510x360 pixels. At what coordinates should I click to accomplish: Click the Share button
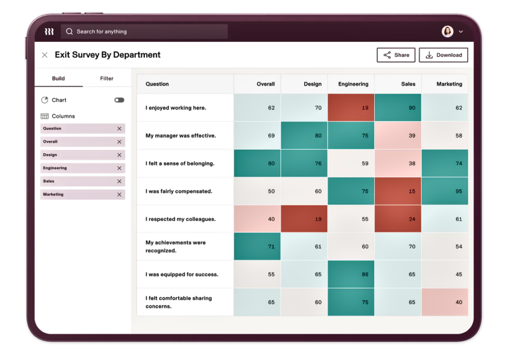pos(396,55)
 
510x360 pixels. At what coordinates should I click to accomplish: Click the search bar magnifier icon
pos(70,32)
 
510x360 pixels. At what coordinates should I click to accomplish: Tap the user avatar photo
pos(447,32)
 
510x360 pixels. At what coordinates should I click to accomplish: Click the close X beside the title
pos(45,55)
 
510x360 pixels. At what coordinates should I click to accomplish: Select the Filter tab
pos(107,79)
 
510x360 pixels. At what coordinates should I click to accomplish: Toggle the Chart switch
pos(119,100)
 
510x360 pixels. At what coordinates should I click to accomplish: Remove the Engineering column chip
pos(119,168)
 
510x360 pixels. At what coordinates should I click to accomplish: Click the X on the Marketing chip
pos(119,195)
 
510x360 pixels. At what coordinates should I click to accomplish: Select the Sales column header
pos(408,84)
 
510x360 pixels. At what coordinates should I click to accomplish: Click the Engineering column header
pos(353,84)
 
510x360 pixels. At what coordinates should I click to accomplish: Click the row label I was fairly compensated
pos(179,191)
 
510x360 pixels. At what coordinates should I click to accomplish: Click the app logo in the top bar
pos(49,32)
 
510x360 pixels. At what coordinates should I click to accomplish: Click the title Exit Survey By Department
pos(108,55)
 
